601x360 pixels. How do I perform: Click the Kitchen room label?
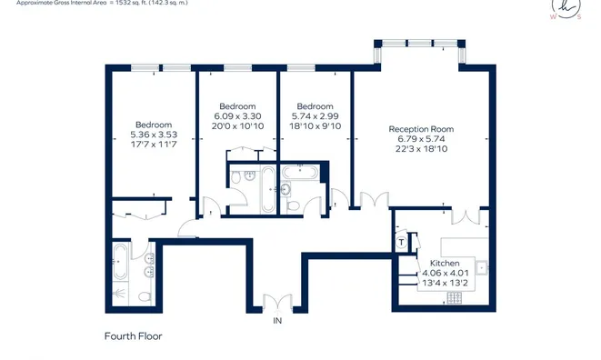(x=445, y=264)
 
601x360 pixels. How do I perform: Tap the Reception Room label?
(x=421, y=129)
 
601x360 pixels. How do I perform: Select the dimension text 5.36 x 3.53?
(x=154, y=135)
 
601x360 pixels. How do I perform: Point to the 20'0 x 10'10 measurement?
(x=237, y=126)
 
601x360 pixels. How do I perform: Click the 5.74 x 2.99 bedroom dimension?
(x=316, y=116)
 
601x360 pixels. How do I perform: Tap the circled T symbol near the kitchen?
(x=401, y=243)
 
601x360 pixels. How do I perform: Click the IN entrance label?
(x=277, y=321)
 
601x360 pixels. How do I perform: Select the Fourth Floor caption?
(x=134, y=336)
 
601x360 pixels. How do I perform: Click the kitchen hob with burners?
(x=455, y=297)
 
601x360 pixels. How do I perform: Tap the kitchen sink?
(x=482, y=267)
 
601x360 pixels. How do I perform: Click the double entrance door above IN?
(x=278, y=301)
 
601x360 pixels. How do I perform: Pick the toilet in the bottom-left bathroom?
(x=145, y=296)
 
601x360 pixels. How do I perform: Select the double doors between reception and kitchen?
(x=466, y=215)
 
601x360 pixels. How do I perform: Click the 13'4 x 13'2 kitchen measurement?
(x=445, y=284)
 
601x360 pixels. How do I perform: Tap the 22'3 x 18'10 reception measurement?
(x=421, y=149)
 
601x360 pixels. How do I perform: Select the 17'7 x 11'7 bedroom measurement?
(x=154, y=145)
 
